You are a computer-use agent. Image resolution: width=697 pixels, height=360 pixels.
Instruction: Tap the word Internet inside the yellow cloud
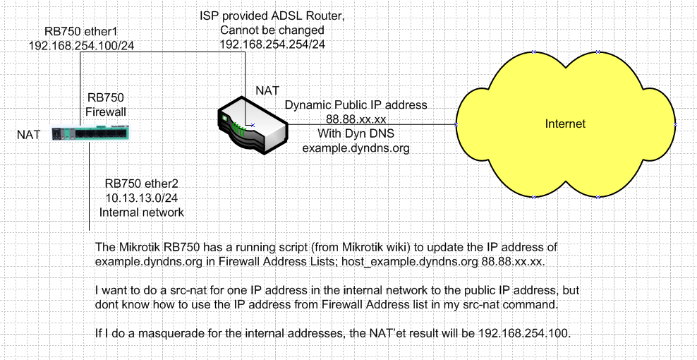pyautogui.click(x=565, y=124)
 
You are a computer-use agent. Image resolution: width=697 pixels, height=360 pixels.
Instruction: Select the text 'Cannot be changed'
pyautogui.click(x=272, y=31)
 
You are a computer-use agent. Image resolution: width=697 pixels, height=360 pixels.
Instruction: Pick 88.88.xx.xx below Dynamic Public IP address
pyautogui.click(x=355, y=119)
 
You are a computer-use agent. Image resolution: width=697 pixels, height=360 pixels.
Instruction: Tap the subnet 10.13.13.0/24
pyautogui.click(x=141, y=198)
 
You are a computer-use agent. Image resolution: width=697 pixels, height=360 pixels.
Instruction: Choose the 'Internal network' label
pyautogui.click(x=141, y=212)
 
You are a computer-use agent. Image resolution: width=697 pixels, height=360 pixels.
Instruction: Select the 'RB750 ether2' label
pyautogui.click(x=141, y=184)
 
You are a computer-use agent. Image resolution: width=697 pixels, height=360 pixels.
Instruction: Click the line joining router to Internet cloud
pyautogui.click(x=374, y=125)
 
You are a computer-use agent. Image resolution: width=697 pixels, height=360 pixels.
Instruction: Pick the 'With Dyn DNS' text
pyautogui.click(x=355, y=133)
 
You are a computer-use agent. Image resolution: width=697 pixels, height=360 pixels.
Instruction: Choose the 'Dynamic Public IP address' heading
pyautogui.click(x=356, y=104)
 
